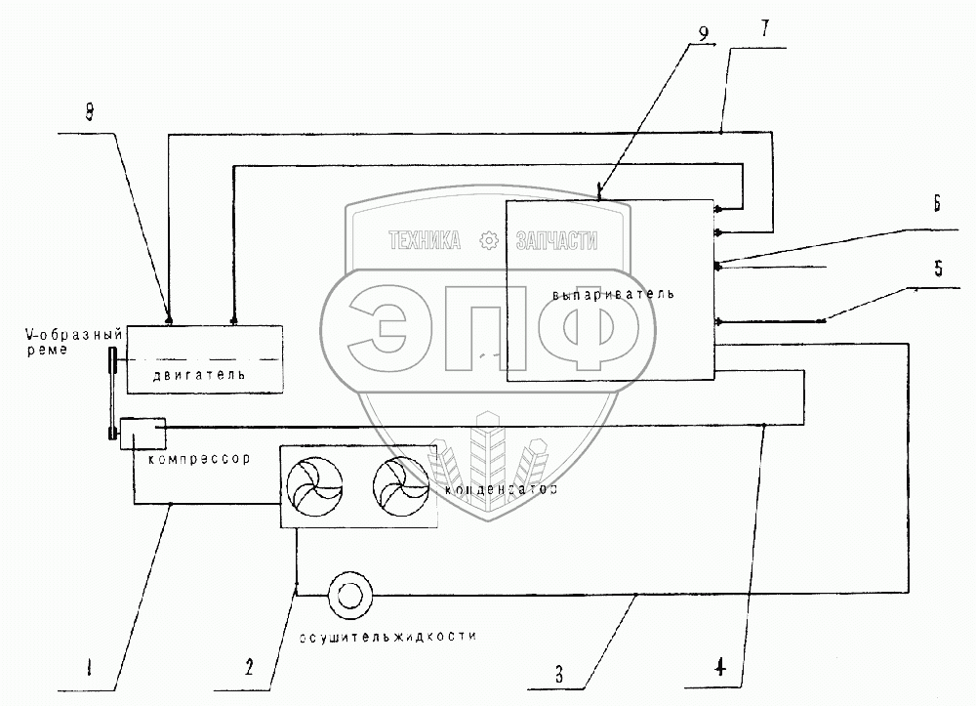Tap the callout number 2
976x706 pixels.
tap(249, 669)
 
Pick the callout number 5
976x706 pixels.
tap(937, 270)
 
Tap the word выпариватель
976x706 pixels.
tap(613, 294)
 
